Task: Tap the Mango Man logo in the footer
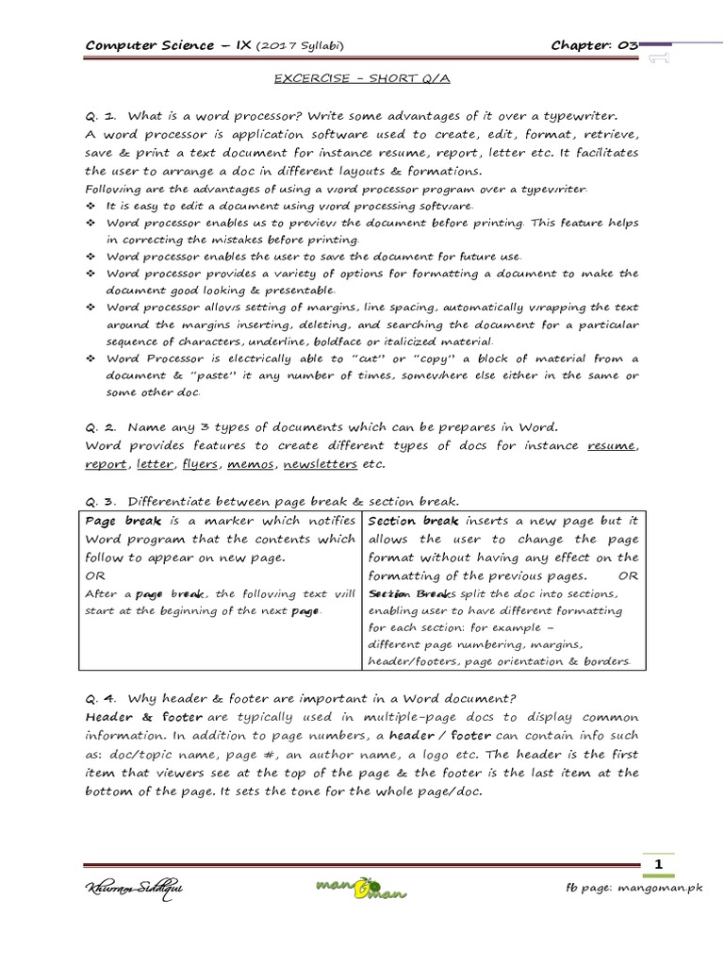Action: point(361,888)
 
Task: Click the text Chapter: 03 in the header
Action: point(595,44)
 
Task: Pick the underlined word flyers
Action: point(200,464)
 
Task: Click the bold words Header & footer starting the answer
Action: point(136,717)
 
